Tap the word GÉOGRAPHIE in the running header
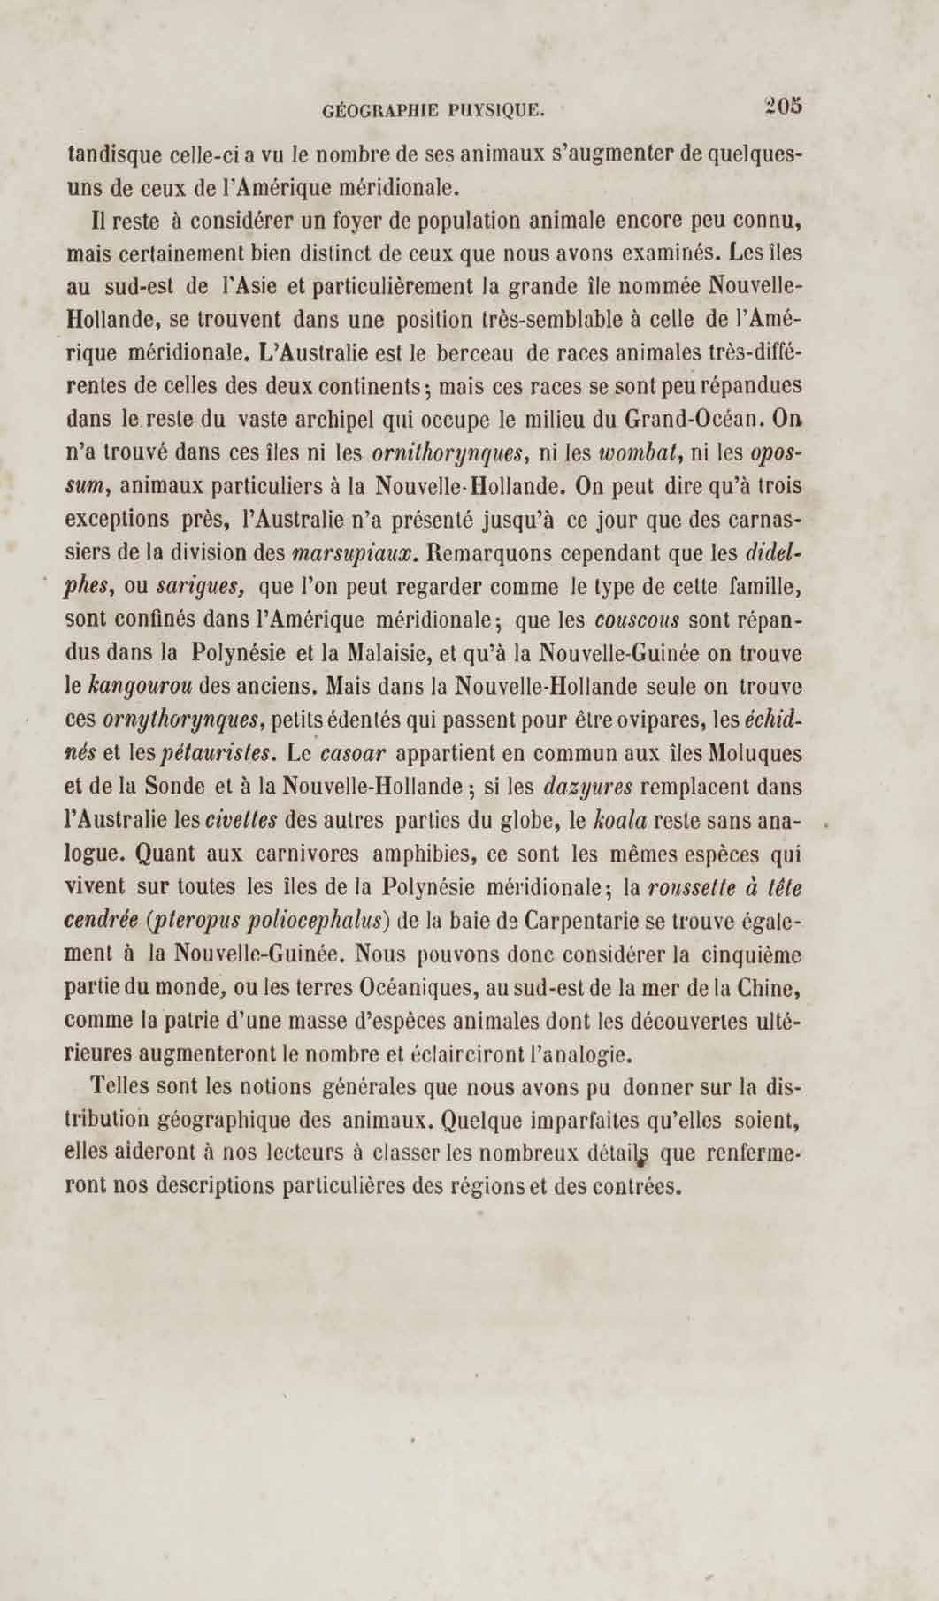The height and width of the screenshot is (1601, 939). pyautogui.click(x=380, y=112)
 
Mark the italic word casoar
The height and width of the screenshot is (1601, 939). pyautogui.click(x=353, y=754)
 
